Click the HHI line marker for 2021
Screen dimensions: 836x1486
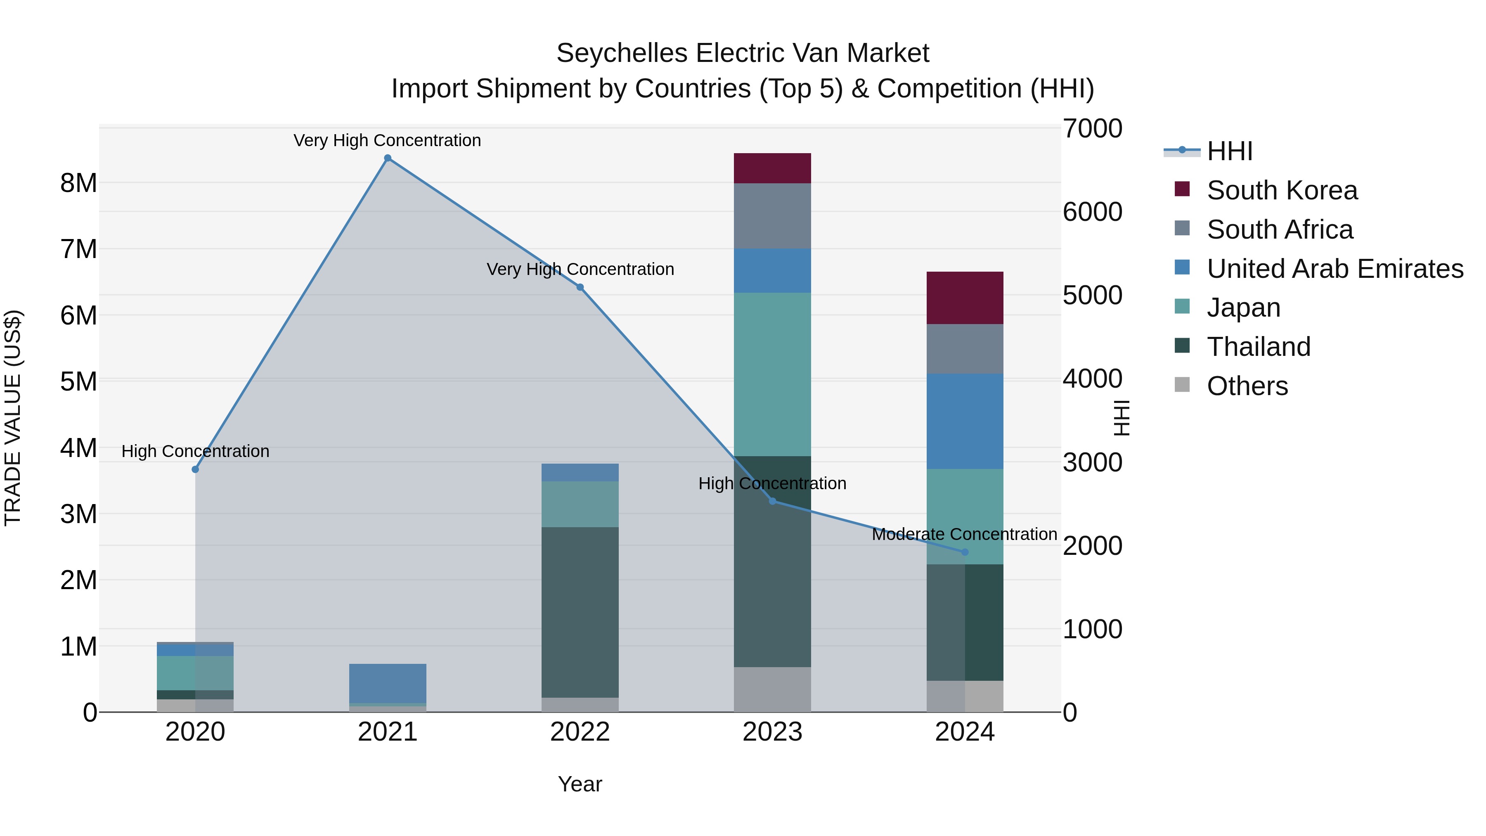(388, 158)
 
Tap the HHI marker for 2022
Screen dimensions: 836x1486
(580, 287)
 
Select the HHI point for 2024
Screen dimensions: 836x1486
(965, 552)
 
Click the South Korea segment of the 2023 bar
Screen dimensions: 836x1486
(772, 168)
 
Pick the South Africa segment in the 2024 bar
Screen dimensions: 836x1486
(965, 349)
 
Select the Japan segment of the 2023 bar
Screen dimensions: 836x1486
(772, 374)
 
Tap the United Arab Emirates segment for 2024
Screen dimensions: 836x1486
(965, 421)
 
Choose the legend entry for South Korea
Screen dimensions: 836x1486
(1282, 190)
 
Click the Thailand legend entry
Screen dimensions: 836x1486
(1259, 347)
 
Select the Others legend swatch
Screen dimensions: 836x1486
(1182, 385)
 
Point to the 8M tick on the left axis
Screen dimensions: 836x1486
(78, 183)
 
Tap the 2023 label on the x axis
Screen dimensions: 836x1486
(772, 732)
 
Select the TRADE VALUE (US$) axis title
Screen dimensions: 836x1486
(13, 418)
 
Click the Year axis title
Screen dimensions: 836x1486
(580, 784)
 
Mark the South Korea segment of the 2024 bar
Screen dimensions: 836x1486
(965, 298)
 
